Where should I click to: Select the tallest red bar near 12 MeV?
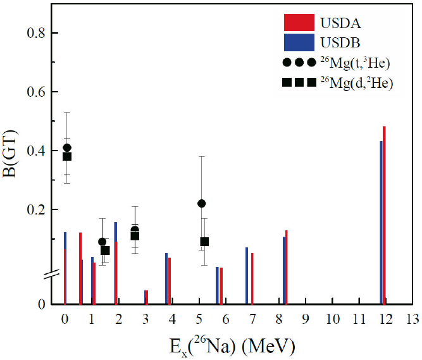coord(384,215)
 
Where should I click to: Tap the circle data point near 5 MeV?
coord(202,203)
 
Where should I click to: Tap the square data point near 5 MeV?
coord(204,242)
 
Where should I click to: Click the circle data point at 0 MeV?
coord(67,148)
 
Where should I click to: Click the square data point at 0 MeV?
coord(67,156)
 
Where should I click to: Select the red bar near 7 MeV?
coord(252,278)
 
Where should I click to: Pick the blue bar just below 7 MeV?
coord(247,275)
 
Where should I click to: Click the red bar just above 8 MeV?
coord(287,267)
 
